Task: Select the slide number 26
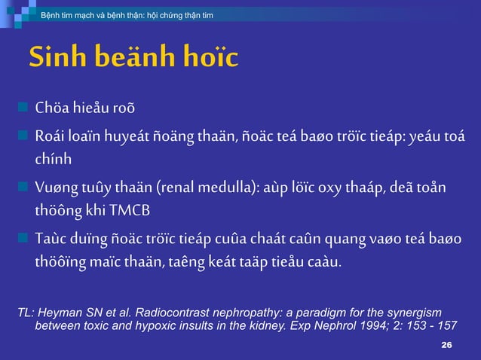coord(446,344)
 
